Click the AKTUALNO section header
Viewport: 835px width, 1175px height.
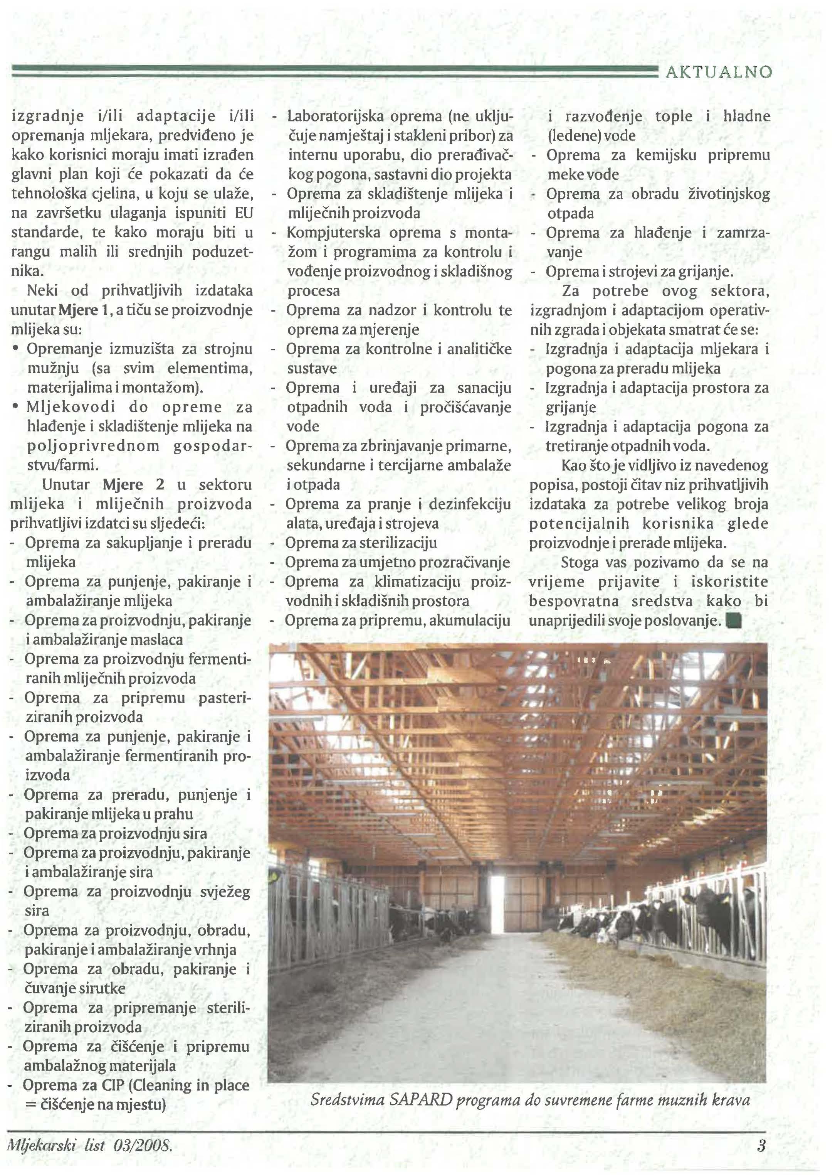719,72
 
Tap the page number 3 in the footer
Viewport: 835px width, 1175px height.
761,1145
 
